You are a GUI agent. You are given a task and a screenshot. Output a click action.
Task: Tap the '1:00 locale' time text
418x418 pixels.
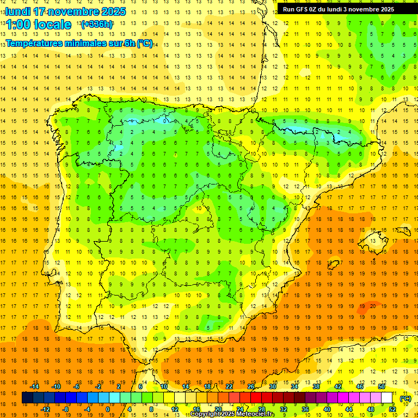(x=39, y=24)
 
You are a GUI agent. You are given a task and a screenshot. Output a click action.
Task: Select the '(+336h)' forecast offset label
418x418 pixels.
(x=97, y=24)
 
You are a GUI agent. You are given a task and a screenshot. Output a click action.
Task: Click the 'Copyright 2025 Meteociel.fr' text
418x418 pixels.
(x=232, y=414)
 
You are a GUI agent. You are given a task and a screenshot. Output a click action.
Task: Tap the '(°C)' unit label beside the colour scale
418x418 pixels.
(x=405, y=398)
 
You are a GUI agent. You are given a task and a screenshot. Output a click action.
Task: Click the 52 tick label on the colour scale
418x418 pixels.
(x=392, y=409)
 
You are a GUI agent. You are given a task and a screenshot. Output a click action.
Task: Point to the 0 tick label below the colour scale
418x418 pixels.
(x=108, y=409)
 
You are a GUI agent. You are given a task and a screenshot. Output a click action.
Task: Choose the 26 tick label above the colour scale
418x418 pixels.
(x=251, y=386)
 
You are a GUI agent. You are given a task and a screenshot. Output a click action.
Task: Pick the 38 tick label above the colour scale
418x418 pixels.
(x=316, y=386)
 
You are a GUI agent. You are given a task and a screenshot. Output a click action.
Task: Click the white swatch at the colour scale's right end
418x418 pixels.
(x=386, y=398)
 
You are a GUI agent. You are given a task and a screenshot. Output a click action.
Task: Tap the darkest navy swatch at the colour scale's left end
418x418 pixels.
(x=27, y=398)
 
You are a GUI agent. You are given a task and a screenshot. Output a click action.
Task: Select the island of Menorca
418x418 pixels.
(x=404, y=228)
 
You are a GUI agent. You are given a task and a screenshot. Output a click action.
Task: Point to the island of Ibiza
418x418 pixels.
(x=334, y=265)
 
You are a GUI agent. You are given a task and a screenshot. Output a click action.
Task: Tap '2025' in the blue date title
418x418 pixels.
(x=113, y=11)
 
